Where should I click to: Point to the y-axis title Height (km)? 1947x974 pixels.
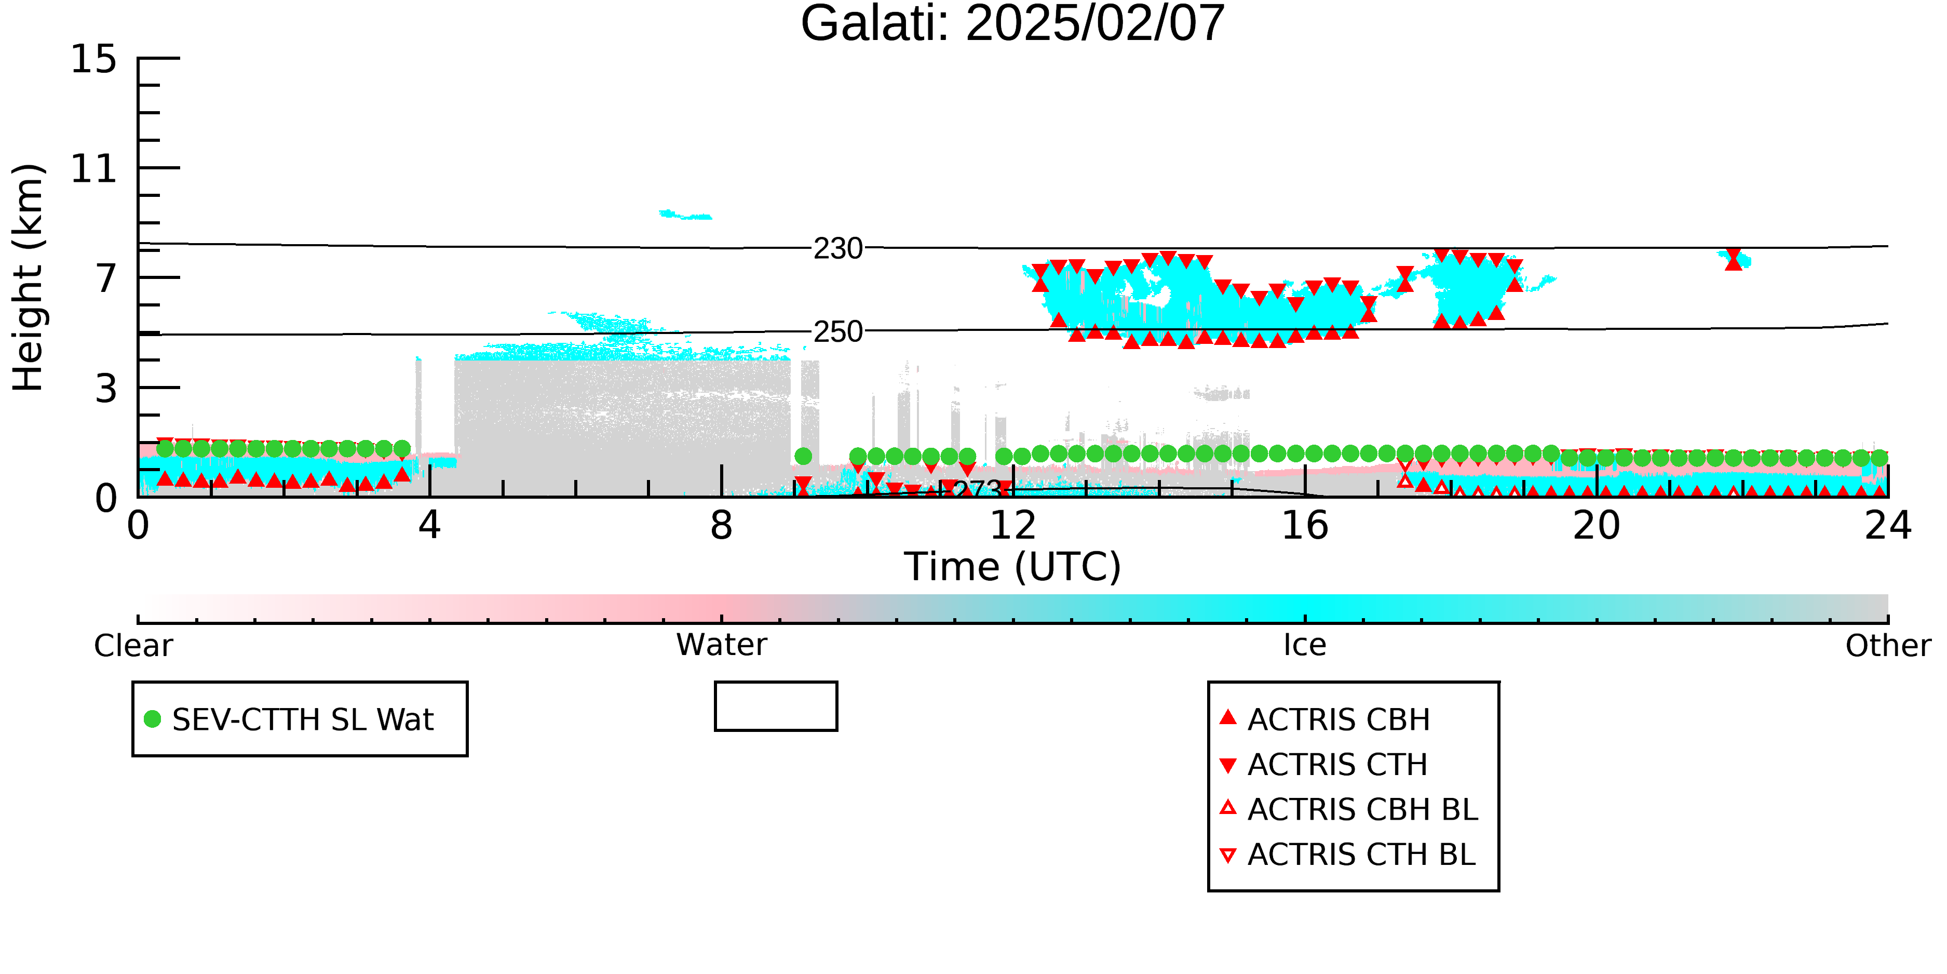tap(28, 277)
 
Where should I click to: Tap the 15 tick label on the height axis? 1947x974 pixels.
tap(94, 59)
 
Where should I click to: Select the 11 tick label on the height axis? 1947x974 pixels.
tap(94, 169)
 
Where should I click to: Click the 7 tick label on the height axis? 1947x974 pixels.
tap(106, 278)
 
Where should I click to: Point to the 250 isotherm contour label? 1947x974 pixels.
tap(837, 331)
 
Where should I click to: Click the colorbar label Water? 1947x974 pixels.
tap(722, 645)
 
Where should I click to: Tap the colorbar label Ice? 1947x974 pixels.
tap(1305, 645)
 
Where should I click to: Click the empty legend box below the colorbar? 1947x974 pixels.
tap(776, 706)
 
